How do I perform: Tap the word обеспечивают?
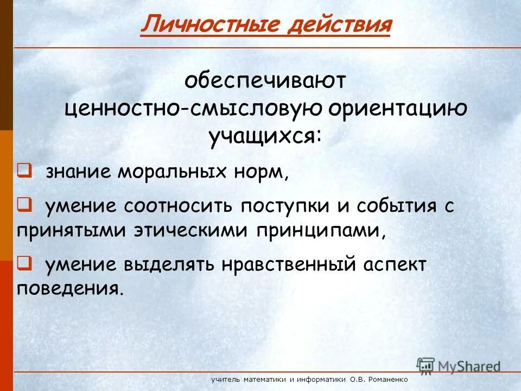point(265,81)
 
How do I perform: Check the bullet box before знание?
point(24,171)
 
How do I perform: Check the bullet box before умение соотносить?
point(24,205)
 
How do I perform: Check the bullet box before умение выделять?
point(24,263)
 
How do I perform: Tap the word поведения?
point(68,288)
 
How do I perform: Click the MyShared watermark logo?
point(458,365)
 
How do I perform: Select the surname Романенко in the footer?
point(387,380)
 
